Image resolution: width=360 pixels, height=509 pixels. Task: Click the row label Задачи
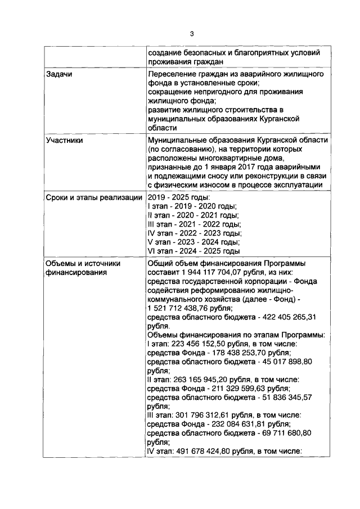(59, 75)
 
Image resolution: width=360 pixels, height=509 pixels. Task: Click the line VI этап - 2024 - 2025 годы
(193, 251)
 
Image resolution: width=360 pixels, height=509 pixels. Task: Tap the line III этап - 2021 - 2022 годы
(193, 224)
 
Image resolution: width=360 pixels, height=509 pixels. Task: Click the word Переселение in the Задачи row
(173, 75)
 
